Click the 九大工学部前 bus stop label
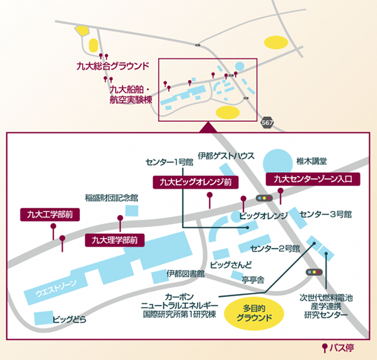tap(50, 214)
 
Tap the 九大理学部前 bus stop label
tap(114, 240)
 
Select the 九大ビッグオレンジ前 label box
tap(196, 182)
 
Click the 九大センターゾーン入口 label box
tap(313, 179)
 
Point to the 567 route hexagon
tap(267, 122)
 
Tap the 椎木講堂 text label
tap(312, 161)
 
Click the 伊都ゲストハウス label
tap(226, 156)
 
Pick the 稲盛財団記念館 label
tap(112, 198)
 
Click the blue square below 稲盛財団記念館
tap(132, 211)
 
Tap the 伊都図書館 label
tap(185, 273)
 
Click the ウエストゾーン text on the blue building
tap(56, 289)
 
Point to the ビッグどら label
tap(69, 320)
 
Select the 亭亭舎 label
tap(253, 280)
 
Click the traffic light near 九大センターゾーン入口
tap(264, 198)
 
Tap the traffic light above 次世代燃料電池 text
tap(314, 272)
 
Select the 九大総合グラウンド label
tap(112, 66)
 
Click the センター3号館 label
tap(325, 214)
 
